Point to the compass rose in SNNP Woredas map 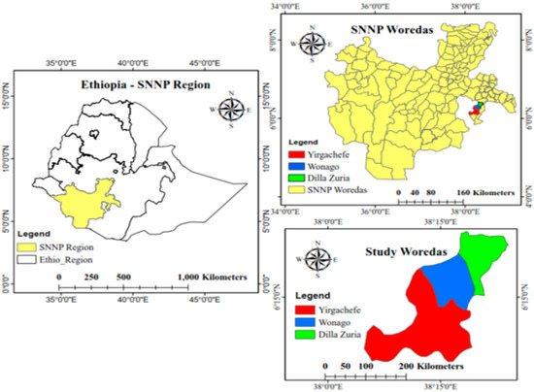pos(314,44)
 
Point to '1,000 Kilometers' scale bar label pos(212,278)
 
